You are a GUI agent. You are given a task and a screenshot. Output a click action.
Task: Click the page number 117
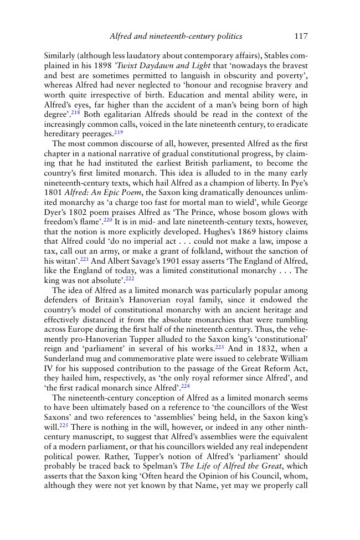point(301,37)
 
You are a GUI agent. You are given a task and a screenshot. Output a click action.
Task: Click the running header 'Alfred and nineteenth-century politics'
point(176,37)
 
